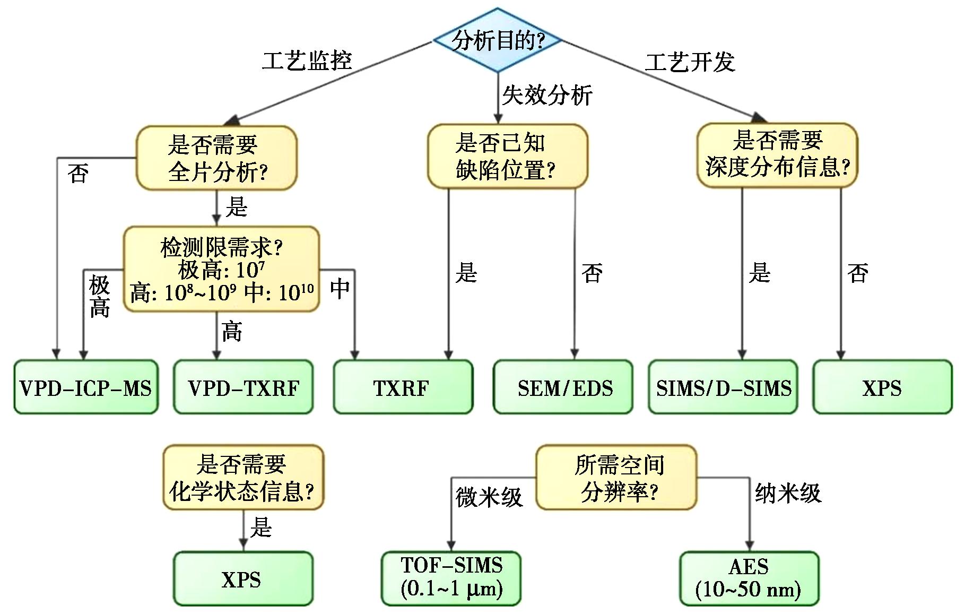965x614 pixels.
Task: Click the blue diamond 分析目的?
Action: (497, 40)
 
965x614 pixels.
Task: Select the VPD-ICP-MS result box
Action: (86, 387)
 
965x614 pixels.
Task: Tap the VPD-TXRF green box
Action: (244, 387)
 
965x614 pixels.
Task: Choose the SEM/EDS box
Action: (563, 387)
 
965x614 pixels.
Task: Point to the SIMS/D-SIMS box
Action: (723, 387)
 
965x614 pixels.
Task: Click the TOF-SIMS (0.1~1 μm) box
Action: (451, 578)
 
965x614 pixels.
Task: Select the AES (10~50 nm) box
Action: (749, 578)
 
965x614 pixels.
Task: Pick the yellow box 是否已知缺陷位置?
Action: (507, 157)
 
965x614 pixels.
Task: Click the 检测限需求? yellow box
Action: (222, 269)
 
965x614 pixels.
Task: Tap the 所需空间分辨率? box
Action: (616, 478)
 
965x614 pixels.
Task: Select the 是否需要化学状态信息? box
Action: (243, 478)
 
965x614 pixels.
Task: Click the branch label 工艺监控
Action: (307, 60)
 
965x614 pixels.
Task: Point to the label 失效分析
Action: (547, 96)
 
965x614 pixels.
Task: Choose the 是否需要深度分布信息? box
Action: (777, 155)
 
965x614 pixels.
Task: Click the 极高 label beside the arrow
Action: (99, 296)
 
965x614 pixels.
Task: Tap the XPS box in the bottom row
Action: (243, 578)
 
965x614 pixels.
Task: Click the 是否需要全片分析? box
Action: (216, 158)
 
